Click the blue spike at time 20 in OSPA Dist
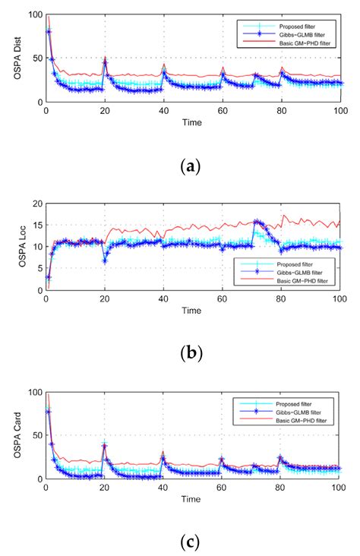pyautogui.click(x=105, y=63)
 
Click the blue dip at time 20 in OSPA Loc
pyautogui.click(x=105, y=261)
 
